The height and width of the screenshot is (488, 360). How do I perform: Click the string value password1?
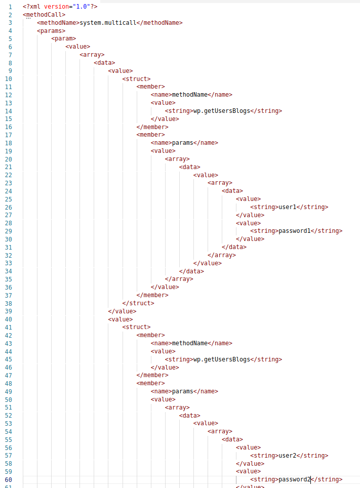pyautogui.click(x=294, y=231)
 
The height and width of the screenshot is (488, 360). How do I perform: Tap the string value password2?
pyautogui.click(x=294, y=479)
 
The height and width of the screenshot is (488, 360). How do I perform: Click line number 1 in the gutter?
pyautogui.click(x=10, y=7)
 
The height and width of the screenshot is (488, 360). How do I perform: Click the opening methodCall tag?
pyautogui.click(x=44, y=14)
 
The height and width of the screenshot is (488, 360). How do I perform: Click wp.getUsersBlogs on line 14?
pyautogui.click(x=222, y=111)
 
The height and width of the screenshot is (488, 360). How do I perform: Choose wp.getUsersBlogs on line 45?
pyautogui.click(x=222, y=359)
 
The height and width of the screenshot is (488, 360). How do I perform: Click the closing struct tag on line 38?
pyautogui.click(x=138, y=303)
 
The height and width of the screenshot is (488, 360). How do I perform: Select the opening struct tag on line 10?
pyautogui.click(x=136, y=78)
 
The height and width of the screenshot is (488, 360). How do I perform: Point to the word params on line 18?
pyautogui.click(x=183, y=143)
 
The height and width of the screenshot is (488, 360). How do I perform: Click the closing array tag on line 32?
pyautogui.click(x=221, y=255)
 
